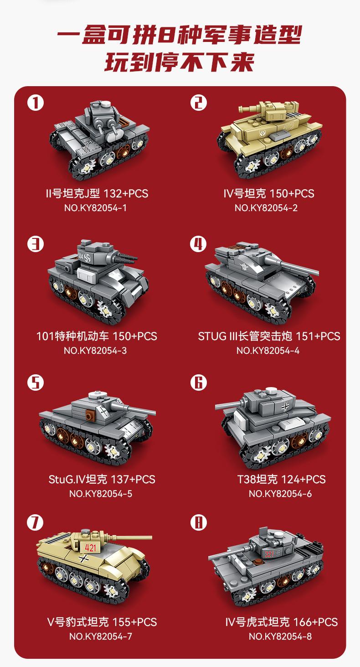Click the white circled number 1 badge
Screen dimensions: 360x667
click(x=36, y=103)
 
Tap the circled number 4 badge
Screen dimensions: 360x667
click(x=198, y=244)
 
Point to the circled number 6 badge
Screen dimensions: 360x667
click(x=198, y=383)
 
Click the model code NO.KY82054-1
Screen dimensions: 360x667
click(x=96, y=208)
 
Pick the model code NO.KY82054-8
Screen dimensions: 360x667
click(x=280, y=636)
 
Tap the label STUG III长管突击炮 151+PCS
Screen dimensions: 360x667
click(x=269, y=336)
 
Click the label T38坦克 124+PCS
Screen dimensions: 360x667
click(x=281, y=479)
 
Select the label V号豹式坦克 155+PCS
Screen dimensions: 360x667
click(x=102, y=622)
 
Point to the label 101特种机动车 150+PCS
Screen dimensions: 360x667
click(x=97, y=336)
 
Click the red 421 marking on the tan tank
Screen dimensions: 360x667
click(x=90, y=547)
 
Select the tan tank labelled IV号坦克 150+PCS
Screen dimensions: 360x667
click(x=270, y=139)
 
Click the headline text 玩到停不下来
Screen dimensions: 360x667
click(x=180, y=62)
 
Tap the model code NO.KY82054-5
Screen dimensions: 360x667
click(x=101, y=494)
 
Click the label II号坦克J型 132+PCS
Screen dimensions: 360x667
click(x=97, y=194)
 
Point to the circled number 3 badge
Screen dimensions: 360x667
click(x=36, y=244)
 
